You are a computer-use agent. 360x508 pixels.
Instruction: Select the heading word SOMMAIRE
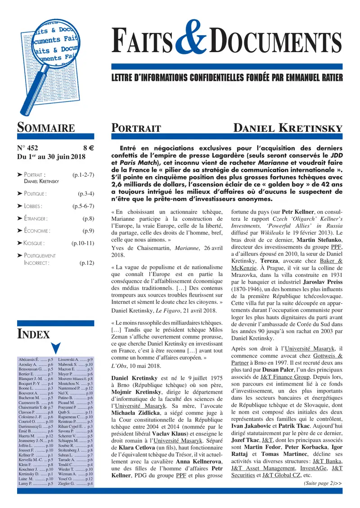click(46, 128)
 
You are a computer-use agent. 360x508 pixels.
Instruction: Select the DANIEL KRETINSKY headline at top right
click(288, 128)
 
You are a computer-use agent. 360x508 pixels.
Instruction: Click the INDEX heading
click(33, 334)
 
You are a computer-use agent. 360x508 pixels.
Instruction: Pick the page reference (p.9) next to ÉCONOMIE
click(87, 231)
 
